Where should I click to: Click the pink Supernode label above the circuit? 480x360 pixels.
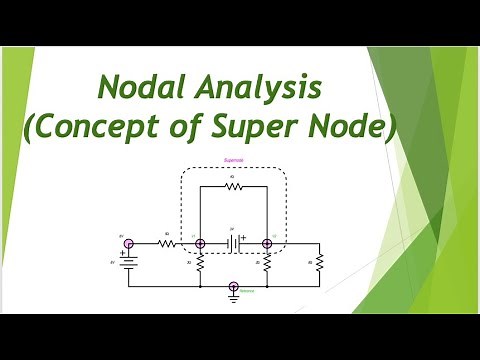(x=232, y=159)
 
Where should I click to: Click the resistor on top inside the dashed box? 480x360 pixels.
(x=233, y=185)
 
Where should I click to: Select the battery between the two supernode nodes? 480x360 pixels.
(x=232, y=243)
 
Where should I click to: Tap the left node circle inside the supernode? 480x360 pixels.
(x=199, y=243)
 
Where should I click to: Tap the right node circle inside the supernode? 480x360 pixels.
(x=267, y=243)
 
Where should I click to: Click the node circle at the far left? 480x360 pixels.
(x=128, y=243)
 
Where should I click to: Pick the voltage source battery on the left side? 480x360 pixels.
(x=128, y=262)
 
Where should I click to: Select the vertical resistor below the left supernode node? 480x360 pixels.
(x=199, y=264)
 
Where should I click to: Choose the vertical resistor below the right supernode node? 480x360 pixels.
(x=267, y=264)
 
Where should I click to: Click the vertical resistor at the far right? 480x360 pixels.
(x=320, y=264)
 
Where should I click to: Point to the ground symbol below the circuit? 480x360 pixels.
(x=233, y=297)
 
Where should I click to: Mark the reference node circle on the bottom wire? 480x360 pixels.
(x=233, y=286)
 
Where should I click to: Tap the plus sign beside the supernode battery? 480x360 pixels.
(x=243, y=237)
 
